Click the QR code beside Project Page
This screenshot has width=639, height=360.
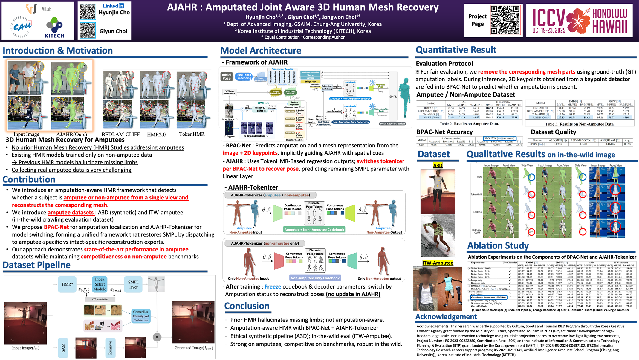click(x=505, y=20)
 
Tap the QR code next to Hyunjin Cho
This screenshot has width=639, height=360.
click(x=88, y=12)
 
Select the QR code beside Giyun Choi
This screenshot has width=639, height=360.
click(x=88, y=30)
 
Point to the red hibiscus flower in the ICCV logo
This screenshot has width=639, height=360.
click(x=578, y=20)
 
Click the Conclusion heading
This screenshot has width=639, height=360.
click(x=247, y=306)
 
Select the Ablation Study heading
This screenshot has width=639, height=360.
click(x=498, y=246)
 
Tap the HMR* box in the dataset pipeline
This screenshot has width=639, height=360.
click(x=67, y=284)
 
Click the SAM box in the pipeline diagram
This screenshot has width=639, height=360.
click(x=63, y=348)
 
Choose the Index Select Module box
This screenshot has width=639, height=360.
click(x=100, y=284)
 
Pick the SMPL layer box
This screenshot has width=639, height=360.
click(x=133, y=284)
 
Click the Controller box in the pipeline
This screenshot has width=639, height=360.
click(x=140, y=316)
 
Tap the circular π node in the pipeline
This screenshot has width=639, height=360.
click(x=157, y=337)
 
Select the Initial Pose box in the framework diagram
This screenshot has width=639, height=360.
click(x=227, y=77)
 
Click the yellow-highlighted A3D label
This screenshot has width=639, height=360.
click(x=438, y=165)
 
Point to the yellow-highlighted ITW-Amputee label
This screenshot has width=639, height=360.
click(x=438, y=263)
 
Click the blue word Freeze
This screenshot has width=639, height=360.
click(x=273, y=287)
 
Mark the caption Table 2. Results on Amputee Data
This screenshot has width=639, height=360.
click(x=469, y=124)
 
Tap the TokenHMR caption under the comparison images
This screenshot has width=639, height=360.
click(x=192, y=134)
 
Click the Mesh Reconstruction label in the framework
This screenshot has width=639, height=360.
click(x=392, y=123)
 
